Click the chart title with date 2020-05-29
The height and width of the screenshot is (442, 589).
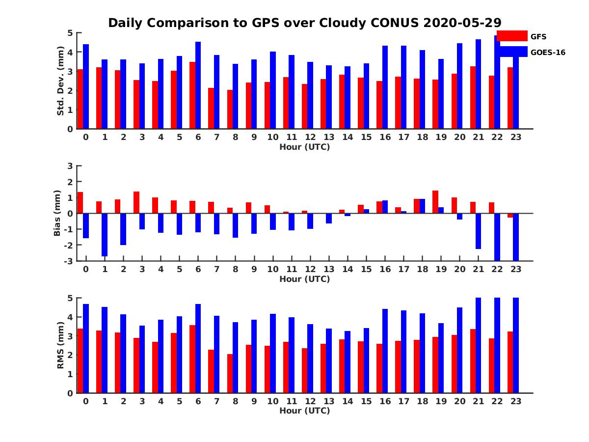point(304,23)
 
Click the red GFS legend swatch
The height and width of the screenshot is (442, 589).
point(512,36)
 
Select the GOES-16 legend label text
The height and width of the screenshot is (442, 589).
point(548,53)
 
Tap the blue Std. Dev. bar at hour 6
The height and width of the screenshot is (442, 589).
point(198,85)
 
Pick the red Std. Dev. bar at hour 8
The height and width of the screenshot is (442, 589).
point(230,109)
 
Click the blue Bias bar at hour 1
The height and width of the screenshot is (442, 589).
point(105,235)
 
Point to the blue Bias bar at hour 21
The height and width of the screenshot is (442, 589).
point(478,231)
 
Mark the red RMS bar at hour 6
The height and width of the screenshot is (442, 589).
point(192,359)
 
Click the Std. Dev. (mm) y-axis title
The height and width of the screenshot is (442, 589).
point(60,81)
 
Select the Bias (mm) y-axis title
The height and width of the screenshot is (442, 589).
point(57,213)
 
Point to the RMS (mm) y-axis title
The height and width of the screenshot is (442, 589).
point(60,345)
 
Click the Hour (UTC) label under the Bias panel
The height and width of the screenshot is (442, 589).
point(304,279)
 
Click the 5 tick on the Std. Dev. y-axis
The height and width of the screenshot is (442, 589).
point(70,33)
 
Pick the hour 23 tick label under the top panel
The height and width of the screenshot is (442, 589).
point(516,137)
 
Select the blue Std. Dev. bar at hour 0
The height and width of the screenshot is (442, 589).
point(86,86)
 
